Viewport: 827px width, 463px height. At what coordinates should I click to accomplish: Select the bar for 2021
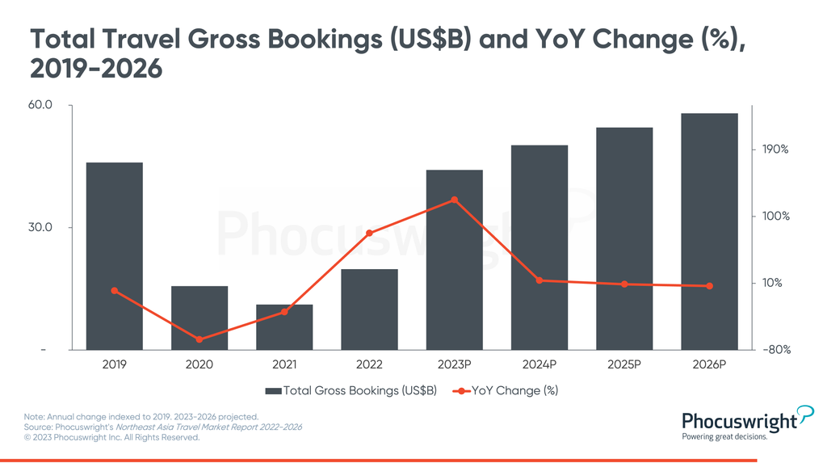(x=284, y=327)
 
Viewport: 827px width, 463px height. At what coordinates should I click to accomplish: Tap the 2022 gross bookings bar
(x=369, y=309)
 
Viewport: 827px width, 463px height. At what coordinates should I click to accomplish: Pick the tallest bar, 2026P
(x=709, y=231)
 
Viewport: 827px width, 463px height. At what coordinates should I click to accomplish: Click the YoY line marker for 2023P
(x=454, y=200)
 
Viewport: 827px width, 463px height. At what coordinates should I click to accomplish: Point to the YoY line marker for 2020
(x=199, y=339)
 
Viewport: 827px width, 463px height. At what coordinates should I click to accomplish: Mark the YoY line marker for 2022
(x=369, y=234)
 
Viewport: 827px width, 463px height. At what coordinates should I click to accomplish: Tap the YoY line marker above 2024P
(x=539, y=280)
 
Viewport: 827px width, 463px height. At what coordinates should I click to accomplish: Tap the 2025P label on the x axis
(x=624, y=364)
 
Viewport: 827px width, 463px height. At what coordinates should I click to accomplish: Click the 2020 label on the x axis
(x=199, y=364)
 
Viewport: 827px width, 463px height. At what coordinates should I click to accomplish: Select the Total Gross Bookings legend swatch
(x=273, y=391)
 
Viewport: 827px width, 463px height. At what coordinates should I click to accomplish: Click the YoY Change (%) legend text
(x=514, y=391)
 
